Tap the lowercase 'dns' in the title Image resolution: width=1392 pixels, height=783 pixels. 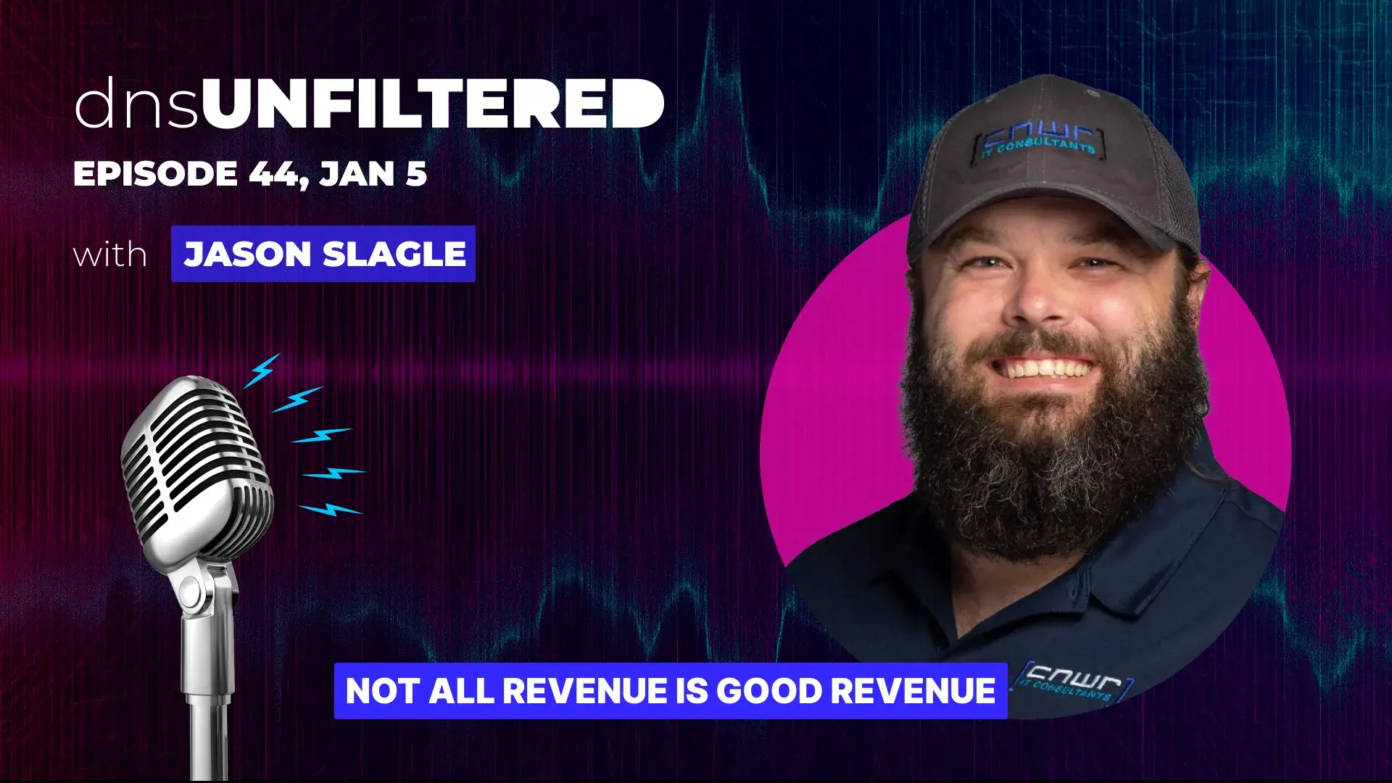pos(136,105)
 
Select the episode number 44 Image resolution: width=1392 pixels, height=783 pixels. pos(273,174)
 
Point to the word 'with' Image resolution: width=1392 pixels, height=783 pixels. pos(110,254)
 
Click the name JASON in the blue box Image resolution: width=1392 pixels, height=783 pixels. pos(248,254)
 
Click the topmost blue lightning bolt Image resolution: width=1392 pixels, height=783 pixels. pos(262,370)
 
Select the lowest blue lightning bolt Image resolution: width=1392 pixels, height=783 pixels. pos(331,510)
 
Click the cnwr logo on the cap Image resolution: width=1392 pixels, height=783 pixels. pos(1038,138)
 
